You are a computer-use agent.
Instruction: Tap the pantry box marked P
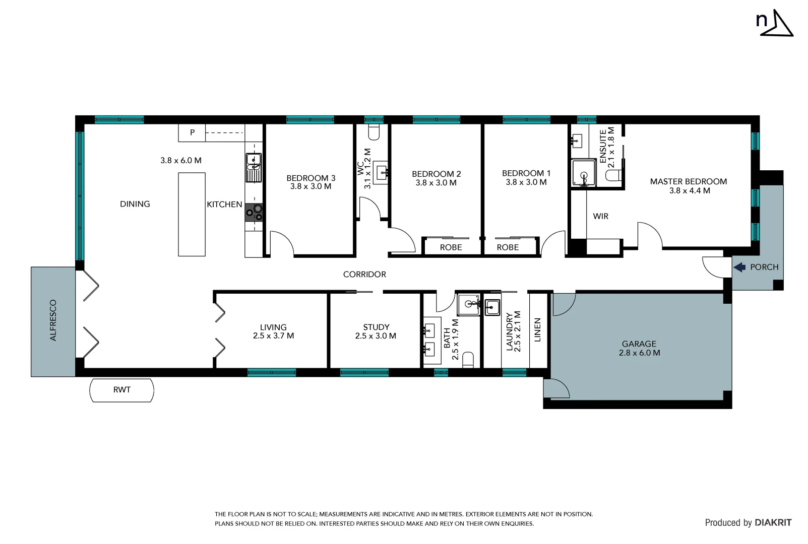[192, 133]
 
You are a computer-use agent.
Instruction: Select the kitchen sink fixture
[254, 167]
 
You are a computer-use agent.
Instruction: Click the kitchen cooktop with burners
[254, 213]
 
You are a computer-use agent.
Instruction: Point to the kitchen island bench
[192, 215]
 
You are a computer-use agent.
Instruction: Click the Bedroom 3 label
[310, 178]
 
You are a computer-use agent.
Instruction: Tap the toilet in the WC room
[374, 132]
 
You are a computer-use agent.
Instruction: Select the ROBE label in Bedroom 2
[451, 247]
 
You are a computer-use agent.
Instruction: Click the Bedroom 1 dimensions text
[526, 182]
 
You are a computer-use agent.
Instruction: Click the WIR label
[600, 216]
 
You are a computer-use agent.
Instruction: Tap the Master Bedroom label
[688, 181]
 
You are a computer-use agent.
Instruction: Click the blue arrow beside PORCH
[739, 267]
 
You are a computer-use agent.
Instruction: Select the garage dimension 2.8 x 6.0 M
[639, 353]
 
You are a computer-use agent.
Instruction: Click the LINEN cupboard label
[537, 330]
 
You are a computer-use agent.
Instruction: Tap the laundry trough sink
[492, 307]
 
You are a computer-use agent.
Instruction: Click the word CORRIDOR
[364, 275]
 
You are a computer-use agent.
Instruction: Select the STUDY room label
[376, 327]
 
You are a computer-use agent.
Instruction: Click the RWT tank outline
[121, 390]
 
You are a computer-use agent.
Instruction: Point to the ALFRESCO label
[53, 320]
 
